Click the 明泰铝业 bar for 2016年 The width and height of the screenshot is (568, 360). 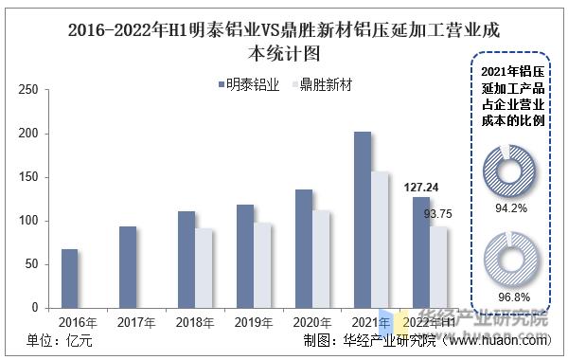69,279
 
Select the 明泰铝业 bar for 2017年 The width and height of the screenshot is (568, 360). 128,267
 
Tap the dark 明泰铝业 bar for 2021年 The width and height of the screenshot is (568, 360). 363,220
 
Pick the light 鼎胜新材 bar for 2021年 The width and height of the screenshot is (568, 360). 380,240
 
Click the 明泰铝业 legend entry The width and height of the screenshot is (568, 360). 248,85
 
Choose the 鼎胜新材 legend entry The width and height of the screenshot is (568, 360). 321,85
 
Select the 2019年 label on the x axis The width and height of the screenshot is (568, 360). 254,323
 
